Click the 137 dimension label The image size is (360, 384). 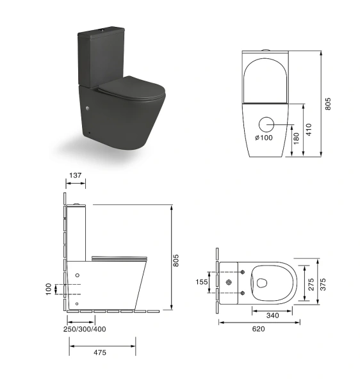click(x=76, y=175)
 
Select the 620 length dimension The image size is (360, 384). click(x=258, y=328)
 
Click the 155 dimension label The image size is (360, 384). click(x=201, y=281)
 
